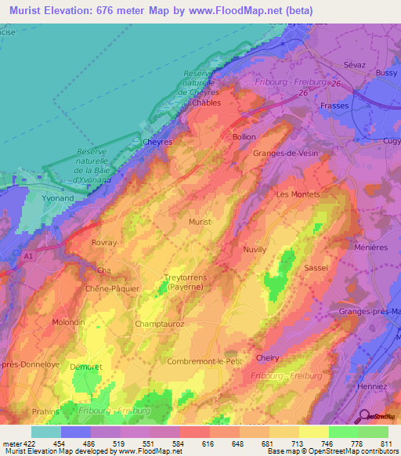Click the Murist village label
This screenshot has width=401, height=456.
pyautogui.click(x=200, y=223)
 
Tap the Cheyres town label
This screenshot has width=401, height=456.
pyautogui.click(x=157, y=143)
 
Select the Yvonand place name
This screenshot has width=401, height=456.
pyautogui.click(x=52, y=199)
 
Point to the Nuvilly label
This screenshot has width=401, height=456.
pyautogui.click(x=255, y=249)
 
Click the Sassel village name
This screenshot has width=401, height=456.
pyautogui.click(x=316, y=267)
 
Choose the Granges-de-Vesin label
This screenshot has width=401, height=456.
pyautogui.click(x=285, y=154)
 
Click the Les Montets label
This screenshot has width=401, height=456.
pyautogui.click(x=295, y=194)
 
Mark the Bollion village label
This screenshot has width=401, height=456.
pyautogui.click(x=244, y=136)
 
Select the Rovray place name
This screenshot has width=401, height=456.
pyautogui.click(x=103, y=243)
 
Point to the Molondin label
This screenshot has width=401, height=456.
pyautogui.click(x=68, y=322)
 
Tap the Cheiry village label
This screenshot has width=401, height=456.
pyautogui.click(x=267, y=357)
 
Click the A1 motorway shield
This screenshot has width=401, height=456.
pyautogui.click(x=28, y=255)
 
